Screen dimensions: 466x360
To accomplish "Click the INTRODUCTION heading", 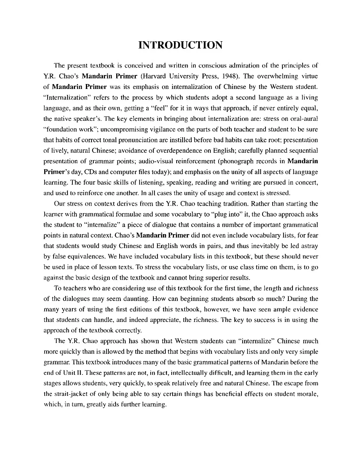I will click(x=180, y=45).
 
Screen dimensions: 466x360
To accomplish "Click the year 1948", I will click(x=230, y=76).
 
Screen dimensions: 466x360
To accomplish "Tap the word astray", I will click(x=308, y=246).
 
